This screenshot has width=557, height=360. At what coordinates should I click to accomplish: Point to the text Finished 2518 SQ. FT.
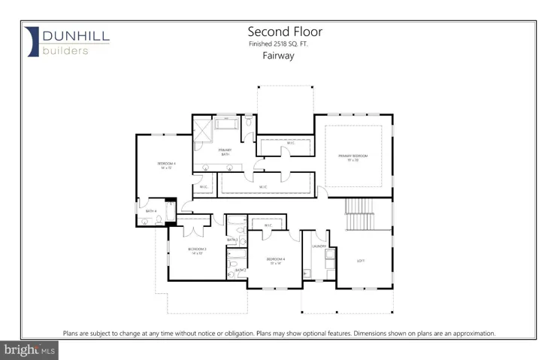pos(278,44)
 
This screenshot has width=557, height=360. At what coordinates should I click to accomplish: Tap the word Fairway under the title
pos(277,55)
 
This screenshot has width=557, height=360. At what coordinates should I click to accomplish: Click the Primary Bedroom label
pos(358,157)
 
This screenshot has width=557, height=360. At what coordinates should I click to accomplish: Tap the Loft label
pos(361,260)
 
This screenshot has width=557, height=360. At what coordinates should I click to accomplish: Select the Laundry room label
pos(317,245)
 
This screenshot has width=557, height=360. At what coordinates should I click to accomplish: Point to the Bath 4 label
pos(151,211)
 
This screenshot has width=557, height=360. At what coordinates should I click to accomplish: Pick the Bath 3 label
pos(232,240)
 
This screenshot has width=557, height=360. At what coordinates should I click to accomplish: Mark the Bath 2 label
pos(241,270)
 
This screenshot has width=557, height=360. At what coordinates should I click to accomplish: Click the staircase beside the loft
pos(359,216)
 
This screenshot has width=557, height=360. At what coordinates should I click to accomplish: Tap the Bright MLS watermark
pos(30,349)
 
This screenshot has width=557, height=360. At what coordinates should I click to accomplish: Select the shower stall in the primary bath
pos(204,129)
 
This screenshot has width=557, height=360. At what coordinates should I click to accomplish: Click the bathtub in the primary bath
pos(227,124)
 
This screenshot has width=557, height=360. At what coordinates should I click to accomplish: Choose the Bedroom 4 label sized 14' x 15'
pos(167,165)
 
